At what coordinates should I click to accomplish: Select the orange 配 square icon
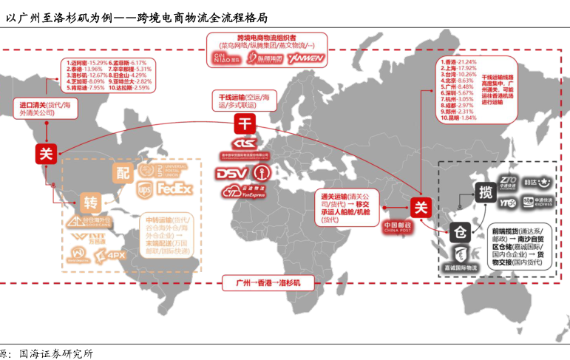[123, 172]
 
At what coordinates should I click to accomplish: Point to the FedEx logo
[174, 189]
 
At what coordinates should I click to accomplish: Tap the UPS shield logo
[144, 190]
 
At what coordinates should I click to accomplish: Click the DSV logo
[234, 174]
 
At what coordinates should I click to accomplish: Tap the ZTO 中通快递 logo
[507, 183]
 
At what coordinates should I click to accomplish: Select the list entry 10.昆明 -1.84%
[458, 118]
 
